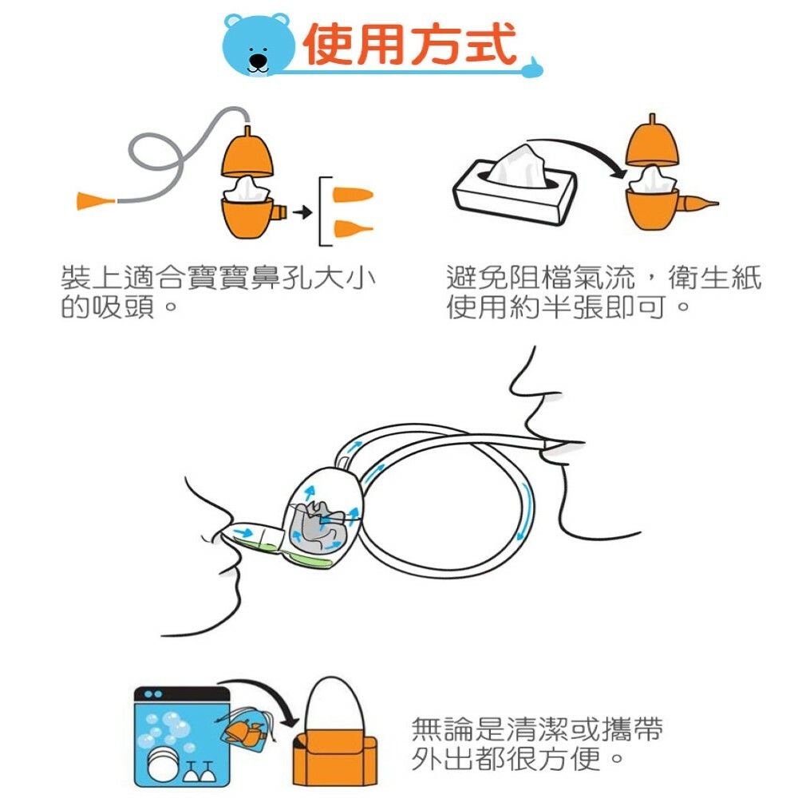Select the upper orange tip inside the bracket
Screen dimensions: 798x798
350,196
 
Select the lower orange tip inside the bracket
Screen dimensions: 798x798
349,229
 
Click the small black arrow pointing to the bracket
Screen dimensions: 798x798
302,213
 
